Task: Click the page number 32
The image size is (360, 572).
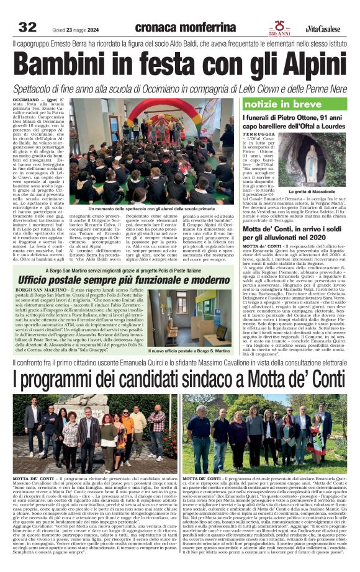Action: (27, 27)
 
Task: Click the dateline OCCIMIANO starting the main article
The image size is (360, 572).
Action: (28, 99)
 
